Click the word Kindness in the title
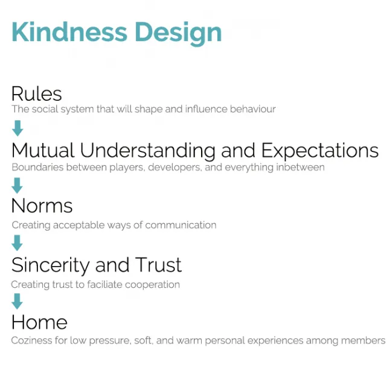tap(69, 32)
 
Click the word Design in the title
tap(178, 34)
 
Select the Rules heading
tap(37, 93)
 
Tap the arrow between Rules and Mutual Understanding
tap(18, 128)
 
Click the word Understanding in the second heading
tap(148, 151)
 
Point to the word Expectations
tap(320, 151)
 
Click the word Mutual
tap(43, 150)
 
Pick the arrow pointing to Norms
tap(17, 185)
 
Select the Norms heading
tap(42, 206)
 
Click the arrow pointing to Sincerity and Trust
tap(17, 242)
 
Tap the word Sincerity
tap(50, 265)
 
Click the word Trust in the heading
tap(158, 265)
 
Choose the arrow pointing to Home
tap(17, 301)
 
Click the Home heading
tap(39, 322)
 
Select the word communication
tap(181, 225)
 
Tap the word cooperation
tap(152, 285)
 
